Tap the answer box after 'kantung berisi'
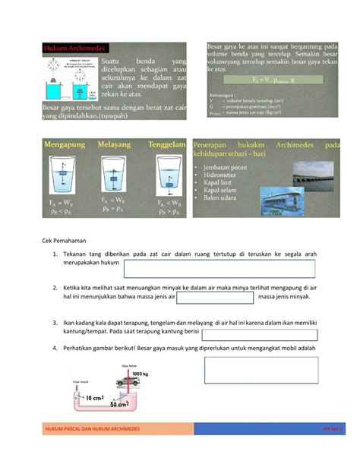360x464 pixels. pyautogui.click(x=267, y=335)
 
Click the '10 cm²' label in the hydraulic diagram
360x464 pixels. pyautogui.click(x=94, y=396)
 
